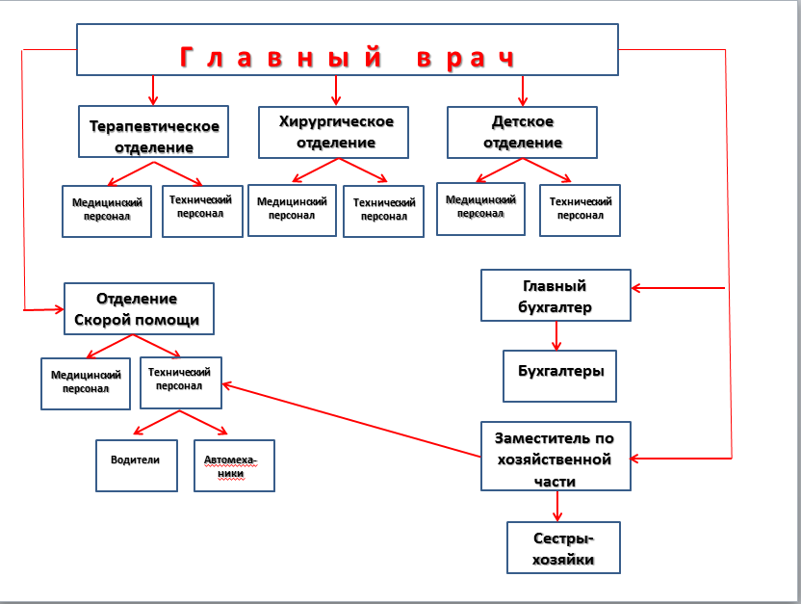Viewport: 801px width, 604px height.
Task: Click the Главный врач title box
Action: click(347, 48)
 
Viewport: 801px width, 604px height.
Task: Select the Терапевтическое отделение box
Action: click(154, 132)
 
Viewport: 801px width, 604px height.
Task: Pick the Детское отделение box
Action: click(522, 132)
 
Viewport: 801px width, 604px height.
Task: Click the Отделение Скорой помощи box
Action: click(139, 308)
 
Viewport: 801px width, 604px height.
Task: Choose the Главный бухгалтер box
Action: click(556, 296)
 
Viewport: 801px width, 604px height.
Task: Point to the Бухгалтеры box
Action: click(560, 376)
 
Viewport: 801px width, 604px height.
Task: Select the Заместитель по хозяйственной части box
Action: click(556, 456)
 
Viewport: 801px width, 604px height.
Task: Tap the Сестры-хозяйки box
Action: click(563, 547)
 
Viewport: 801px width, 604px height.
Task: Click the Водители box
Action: click(136, 465)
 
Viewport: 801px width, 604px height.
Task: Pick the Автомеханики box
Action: click(234, 465)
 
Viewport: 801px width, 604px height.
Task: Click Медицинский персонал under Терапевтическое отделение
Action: click(108, 210)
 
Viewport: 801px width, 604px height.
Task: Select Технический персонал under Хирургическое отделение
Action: click(383, 210)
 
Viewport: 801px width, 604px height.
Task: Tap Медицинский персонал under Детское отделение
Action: click(480, 207)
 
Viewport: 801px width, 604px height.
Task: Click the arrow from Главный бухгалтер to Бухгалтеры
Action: click(556, 334)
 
